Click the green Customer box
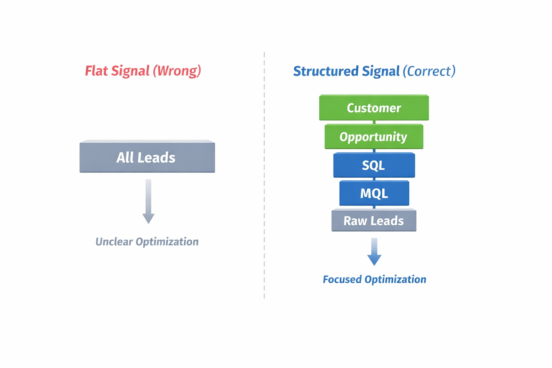click(374, 108)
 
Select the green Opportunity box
click(374, 137)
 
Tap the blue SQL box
click(374, 165)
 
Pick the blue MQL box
click(374, 193)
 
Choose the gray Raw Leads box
click(374, 221)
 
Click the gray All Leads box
click(147, 157)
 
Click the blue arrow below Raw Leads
click(374, 252)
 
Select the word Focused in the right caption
click(342, 279)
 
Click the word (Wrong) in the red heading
click(177, 71)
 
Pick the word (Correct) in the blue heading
click(429, 71)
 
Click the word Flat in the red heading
click(96, 71)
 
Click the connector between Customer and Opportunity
click(374, 122)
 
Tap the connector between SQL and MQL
click(374, 179)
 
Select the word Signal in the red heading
click(130, 71)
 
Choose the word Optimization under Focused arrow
click(395, 279)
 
